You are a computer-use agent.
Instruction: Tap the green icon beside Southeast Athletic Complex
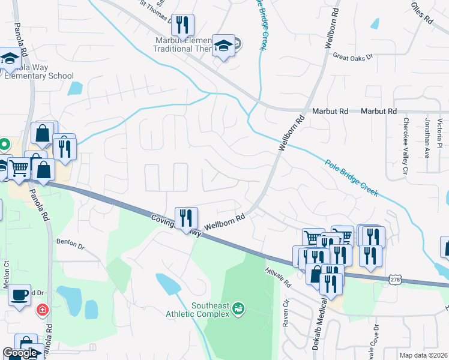pyautogui.click(x=238, y=308)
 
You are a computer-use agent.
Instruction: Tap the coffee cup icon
pyautogui.click(x=19, y=295)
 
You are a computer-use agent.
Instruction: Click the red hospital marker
pyautogui.click(x=43, y=310)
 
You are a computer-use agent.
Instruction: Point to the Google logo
pyautogui.click(x=19, y=353)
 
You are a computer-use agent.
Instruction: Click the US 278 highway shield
pyautogui.click(x=394, y=280)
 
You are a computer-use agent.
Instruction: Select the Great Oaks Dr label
pyautogui.click(x=353, y=56)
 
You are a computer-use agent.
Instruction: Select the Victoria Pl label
pyautogui.click(x=440, y=134)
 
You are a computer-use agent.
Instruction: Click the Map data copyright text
pyautogui.click(x=423, y=355)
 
